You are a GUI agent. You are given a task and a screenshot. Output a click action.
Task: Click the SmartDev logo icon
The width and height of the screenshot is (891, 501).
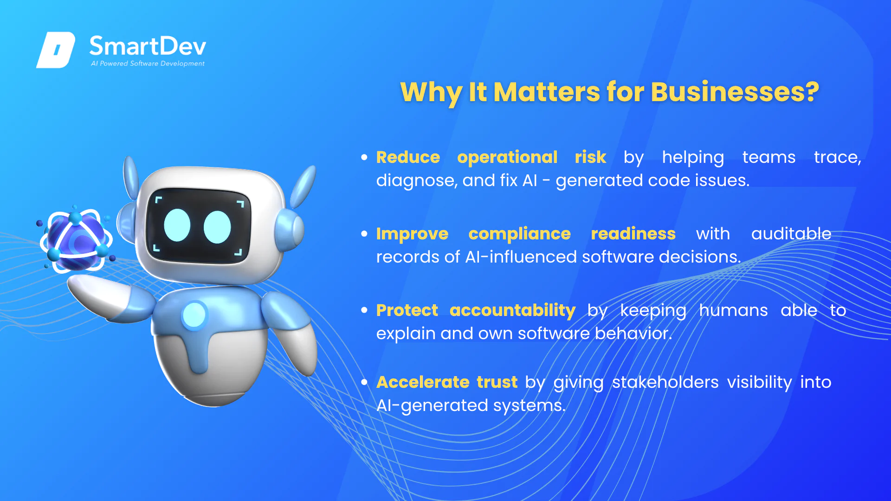(56, 50)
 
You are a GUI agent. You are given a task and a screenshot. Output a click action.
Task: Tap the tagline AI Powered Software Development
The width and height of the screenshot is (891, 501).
(148, 64)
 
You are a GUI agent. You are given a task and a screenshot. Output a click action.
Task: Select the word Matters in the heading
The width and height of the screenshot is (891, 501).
(547, 92)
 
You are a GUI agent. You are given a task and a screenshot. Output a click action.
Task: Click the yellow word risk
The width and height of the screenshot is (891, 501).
(590, 157)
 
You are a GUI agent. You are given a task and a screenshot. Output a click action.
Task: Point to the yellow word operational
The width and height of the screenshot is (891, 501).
(507, 158)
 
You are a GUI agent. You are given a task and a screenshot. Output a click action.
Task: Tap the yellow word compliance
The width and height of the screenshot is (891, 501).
(519, 234)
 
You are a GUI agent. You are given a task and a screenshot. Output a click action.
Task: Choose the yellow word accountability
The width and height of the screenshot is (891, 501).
(512, 311)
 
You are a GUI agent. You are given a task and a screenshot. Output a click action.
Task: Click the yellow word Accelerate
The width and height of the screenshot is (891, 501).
(423, 382)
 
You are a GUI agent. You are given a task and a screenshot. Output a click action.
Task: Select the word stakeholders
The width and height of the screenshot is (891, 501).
(665, 382)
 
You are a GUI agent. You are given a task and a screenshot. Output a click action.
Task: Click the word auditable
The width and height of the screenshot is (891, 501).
(791, 234)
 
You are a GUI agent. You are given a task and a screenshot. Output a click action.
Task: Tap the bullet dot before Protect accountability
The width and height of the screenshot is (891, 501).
(364, 310)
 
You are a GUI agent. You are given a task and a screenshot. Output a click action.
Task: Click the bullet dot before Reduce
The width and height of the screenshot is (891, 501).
(364, 157)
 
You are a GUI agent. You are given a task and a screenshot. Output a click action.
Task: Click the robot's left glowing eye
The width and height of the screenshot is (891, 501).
(177, 225)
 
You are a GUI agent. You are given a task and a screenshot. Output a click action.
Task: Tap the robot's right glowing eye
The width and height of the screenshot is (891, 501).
(217, 227)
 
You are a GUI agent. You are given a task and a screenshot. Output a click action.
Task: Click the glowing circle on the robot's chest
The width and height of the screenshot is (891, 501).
(194, 315)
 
